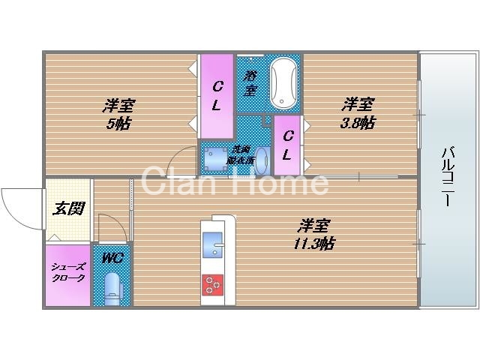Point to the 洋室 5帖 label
[x=118, y=114]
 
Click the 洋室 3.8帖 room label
[x=358, y=112]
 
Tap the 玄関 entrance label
[x=67, y=208]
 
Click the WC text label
[x=112, y=259]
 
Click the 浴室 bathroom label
[x=250, y=82]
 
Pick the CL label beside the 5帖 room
[x=215, y=95]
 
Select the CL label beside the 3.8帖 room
[x=286, y=146]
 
